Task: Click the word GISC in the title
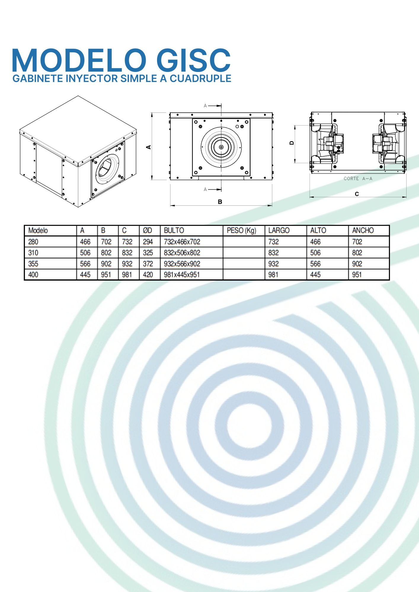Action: (193, 61)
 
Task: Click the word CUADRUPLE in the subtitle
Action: (200, 79)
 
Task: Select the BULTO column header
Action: (174, 231)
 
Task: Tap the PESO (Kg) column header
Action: (242, 231)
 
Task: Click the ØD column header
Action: (147, 231)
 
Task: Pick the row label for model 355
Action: (33, 264)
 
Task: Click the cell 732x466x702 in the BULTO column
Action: (182, 242)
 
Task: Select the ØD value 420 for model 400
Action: (148, 275)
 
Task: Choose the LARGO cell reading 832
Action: (274, 253)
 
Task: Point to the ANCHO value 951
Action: (357, 275)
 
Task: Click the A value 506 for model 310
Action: (85, 253)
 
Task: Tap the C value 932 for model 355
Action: (127, 264)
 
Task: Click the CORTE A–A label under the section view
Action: (358, 178)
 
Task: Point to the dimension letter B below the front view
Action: (220, 202)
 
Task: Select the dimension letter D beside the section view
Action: (292, 143)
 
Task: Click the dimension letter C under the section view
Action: (357, 194)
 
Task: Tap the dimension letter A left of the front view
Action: (149, 147)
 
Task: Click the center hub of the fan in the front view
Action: (221, 147)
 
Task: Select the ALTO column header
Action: (318, 231)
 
